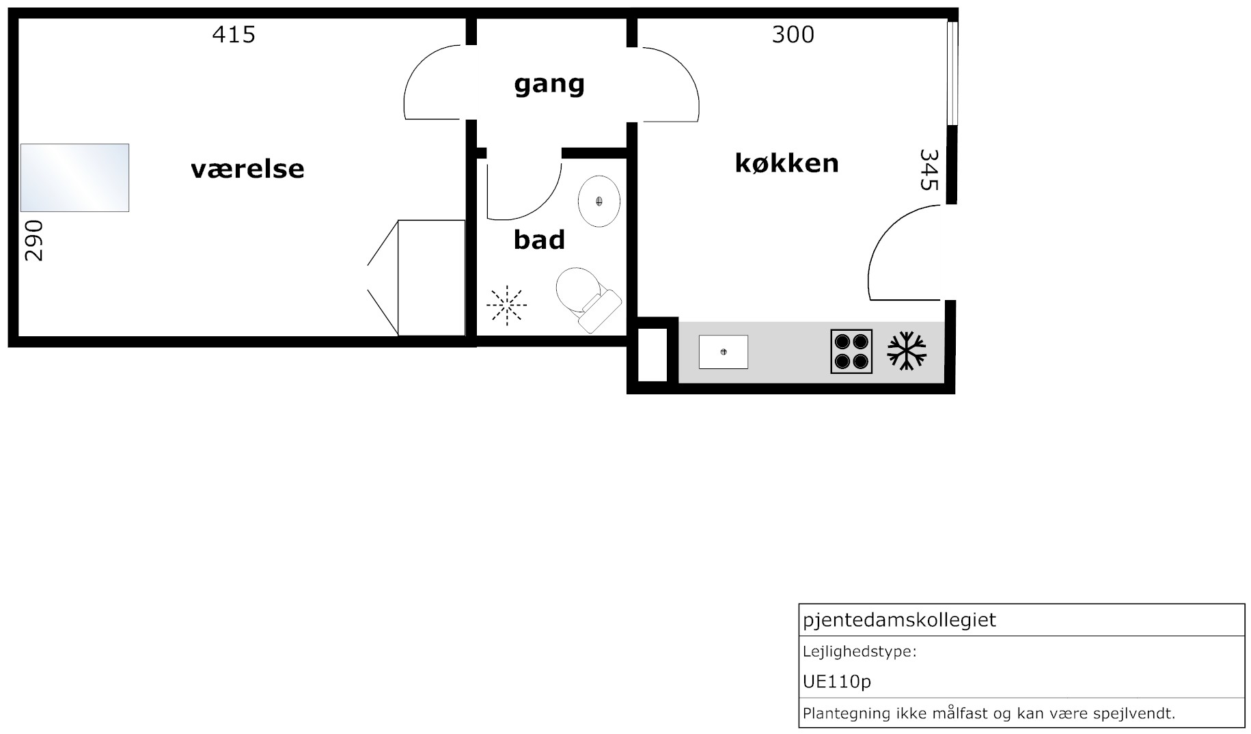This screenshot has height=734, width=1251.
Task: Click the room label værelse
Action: coord(247,169)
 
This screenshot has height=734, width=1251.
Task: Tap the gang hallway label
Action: coord(549,84)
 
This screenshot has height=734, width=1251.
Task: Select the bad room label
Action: coord(539,240)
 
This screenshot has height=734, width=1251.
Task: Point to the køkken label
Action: coord(786,163)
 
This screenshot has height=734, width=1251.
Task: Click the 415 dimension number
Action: coord(234,34)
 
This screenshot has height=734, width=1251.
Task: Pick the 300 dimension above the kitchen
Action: coord(793,34)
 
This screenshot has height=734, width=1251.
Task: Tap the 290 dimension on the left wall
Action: coord(33,240)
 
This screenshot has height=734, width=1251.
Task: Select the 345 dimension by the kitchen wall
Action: coord(929,169)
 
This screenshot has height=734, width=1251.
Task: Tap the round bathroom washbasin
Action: coord(599,201)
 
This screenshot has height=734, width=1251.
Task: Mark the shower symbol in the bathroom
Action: coord(507,305)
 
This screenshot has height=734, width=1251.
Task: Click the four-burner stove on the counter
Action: coord(851,351)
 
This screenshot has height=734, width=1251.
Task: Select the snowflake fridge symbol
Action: coord(907,351)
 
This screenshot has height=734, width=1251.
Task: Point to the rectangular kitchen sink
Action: coord(724,352)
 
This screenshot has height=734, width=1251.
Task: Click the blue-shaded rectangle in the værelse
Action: coord(74,178)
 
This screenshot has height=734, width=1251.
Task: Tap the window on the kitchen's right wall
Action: coord(952,73)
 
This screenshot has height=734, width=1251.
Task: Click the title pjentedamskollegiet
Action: coord(899,621)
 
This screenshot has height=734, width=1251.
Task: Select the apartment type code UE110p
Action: coord(837,681)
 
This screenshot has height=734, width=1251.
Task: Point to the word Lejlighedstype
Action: coord(860,652)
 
